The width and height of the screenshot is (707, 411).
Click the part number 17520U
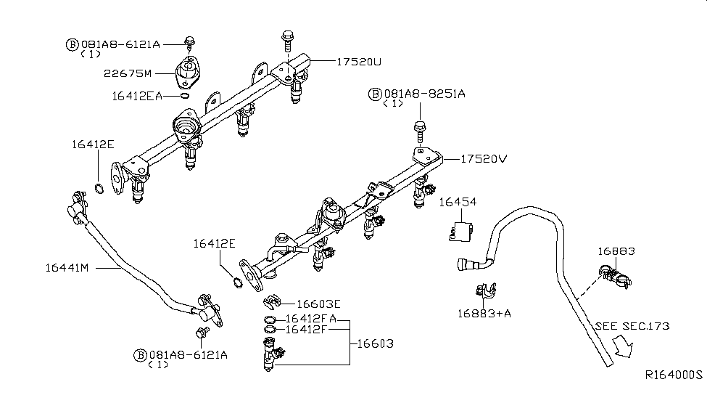[x=358, y=62]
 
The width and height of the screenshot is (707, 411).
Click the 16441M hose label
[x=66, y=268]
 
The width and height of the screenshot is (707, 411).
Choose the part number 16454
[x=458, y=203]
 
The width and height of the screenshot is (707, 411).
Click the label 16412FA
[x=310, y=319]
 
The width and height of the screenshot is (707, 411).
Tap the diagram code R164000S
[x=674, y=375]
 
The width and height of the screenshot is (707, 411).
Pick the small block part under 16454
[x=459, y=231]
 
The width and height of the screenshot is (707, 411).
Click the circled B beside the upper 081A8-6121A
[x=72, y=44]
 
